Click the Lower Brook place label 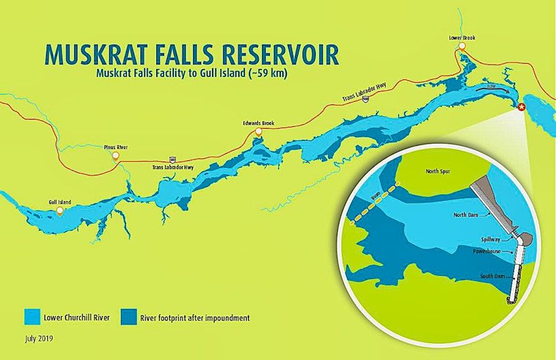click(462, 38)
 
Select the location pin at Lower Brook click(462, 48)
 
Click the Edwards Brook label click(258, 123)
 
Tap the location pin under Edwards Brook click(258, 132)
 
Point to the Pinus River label click(115, 147)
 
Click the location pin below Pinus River click(116, 156)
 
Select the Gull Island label click(60, 202)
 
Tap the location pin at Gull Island click(60, 211)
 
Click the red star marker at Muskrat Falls click(521, 107)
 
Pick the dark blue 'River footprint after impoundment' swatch click(129, 319)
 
